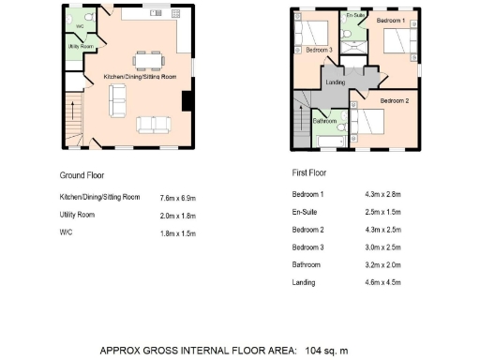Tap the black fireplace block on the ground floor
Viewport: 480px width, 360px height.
(187, 101)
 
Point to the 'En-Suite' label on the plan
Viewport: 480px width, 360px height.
(355, 16)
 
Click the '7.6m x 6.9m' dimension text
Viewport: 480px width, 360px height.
(178, 198)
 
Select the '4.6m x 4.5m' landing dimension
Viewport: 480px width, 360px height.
(382, 282)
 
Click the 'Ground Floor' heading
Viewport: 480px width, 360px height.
(82, 175)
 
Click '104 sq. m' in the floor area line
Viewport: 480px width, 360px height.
(326, 351)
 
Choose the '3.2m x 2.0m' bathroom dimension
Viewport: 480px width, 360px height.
(382, 265)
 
